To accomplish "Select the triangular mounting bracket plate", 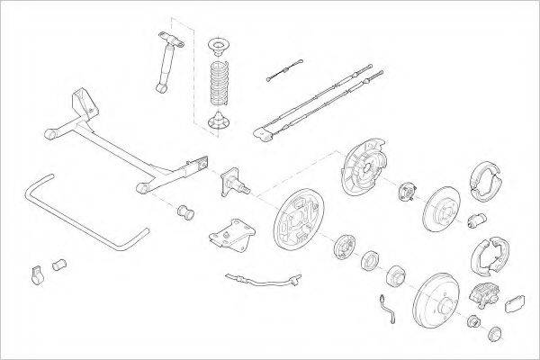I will [x=229, y=233].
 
